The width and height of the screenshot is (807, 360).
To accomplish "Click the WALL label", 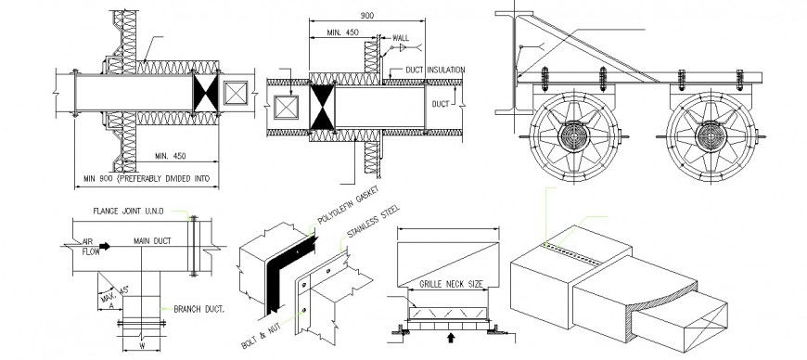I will [400, 39].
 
